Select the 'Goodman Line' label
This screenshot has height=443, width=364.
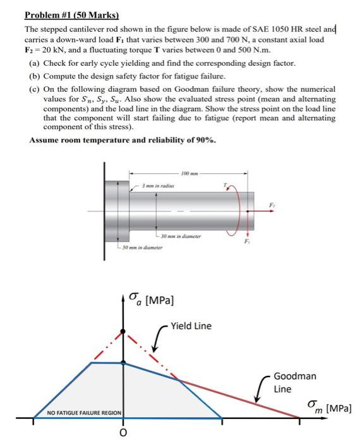click(290, 382)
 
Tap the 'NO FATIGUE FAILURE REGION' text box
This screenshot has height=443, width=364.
click(85, 413)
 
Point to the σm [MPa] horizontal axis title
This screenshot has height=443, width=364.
click(328, 405)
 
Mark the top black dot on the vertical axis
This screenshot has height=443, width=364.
click(123, 331)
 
